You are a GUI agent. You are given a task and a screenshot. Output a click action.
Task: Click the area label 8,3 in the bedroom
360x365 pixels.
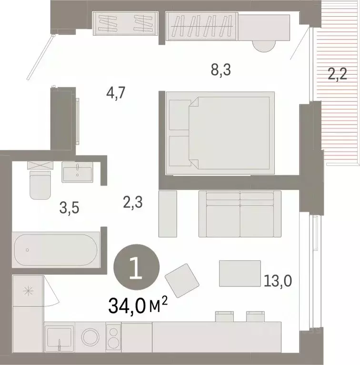point(221,70)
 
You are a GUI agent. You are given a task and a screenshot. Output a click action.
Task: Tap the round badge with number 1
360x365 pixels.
point(135,269)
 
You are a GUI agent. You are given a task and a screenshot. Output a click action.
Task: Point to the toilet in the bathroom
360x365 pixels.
point(39,183)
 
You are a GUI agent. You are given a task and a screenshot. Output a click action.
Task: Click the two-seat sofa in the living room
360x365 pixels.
point(240,214)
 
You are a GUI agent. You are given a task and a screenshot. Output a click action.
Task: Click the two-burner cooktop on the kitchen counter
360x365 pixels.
point(113,337)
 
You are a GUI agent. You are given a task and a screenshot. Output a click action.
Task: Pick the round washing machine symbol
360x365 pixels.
point(89,337)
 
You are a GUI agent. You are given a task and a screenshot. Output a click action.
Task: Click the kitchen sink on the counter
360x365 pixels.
point(59,338)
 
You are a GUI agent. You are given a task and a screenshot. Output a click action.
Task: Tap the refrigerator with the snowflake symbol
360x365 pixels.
point(28,290)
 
